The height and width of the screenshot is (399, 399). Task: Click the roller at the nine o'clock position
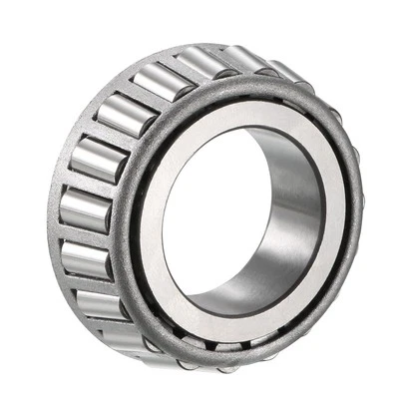pos(83,208)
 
